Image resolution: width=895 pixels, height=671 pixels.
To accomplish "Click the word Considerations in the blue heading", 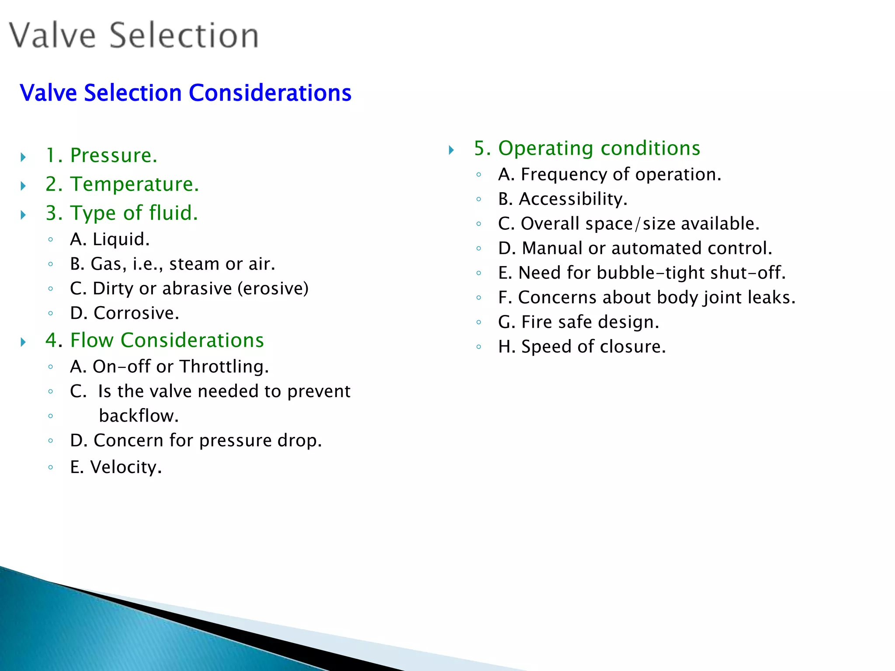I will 270,93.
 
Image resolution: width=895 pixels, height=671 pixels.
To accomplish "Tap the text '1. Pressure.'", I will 101,156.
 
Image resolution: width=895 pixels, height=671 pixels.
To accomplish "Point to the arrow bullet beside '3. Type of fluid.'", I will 24,214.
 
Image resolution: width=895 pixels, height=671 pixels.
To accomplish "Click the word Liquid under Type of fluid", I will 121,239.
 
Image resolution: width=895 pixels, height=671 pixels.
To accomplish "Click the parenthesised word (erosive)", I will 273,288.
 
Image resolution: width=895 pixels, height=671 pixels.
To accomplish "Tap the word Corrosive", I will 136,313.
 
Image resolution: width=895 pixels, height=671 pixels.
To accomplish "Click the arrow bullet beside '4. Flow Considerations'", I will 24,342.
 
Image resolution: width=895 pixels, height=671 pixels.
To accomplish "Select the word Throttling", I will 224,367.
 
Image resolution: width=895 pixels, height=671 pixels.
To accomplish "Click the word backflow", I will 139,416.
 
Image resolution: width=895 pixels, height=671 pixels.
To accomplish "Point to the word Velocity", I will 126,467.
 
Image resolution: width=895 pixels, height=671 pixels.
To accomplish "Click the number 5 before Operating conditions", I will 480,149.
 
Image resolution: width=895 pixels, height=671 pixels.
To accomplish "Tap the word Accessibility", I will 573,199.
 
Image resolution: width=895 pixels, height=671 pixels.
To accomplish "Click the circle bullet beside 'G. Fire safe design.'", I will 479,322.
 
